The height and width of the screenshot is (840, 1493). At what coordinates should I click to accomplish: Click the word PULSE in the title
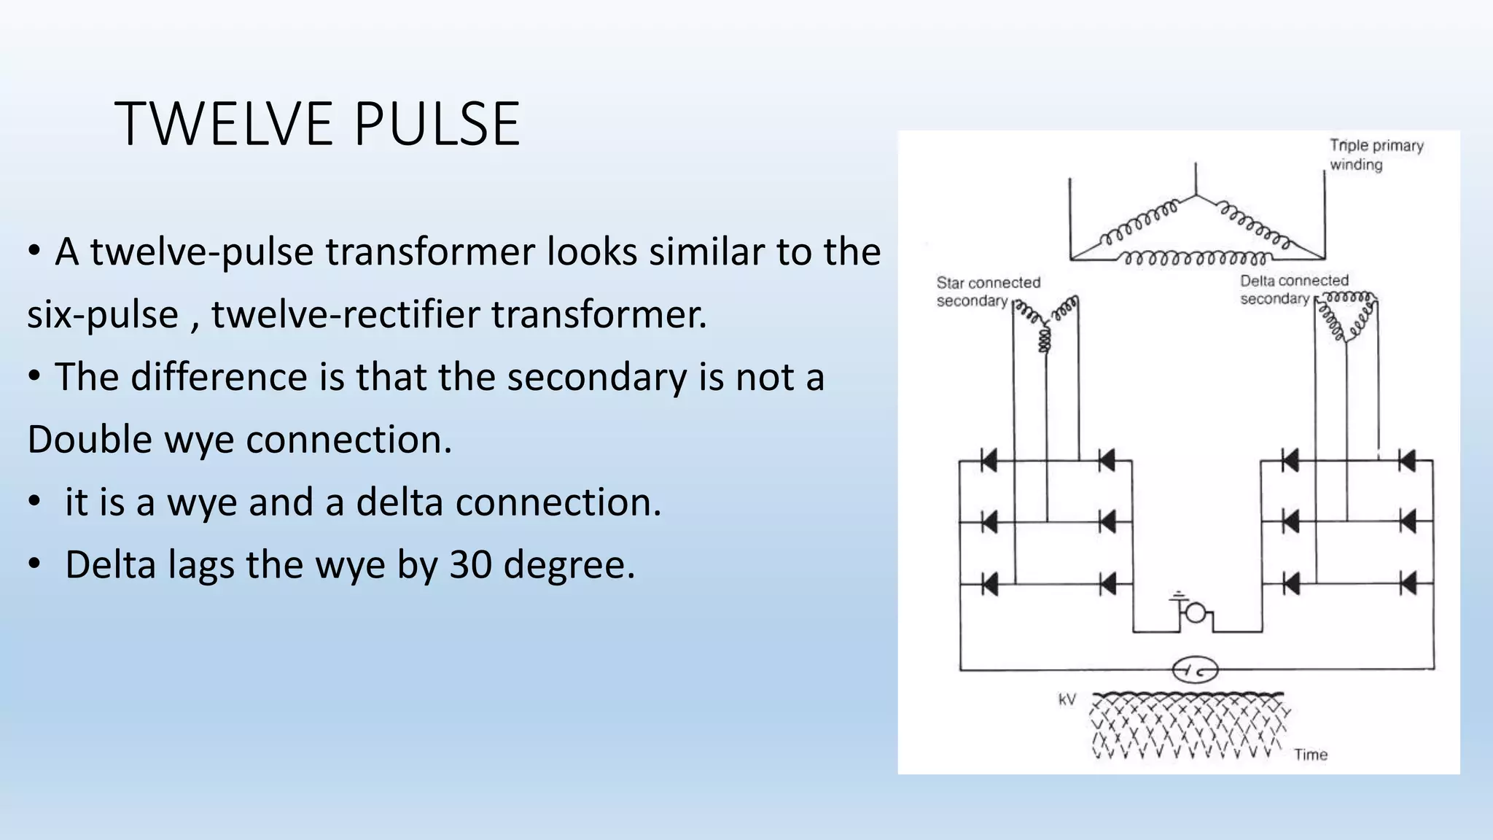tap(437, 124)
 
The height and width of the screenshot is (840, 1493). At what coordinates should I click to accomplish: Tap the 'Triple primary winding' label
tap(1376, 155)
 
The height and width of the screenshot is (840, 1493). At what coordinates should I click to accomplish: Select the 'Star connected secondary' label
tap(988, 292)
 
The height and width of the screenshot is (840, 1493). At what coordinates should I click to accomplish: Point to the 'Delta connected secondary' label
tap(1293, 289)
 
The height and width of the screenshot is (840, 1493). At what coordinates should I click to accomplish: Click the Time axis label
tap(1310, 755)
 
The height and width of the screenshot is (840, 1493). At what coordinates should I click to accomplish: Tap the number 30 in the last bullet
tap(470, 565)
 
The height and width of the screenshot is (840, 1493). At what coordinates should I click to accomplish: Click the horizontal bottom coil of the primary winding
tap(1196, 258)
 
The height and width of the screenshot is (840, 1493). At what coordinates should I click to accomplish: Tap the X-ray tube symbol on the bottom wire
tap(1195, 669)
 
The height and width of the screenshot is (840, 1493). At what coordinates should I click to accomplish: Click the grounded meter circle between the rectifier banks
tap(1196, 613)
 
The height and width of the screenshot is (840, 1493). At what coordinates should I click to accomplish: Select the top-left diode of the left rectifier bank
tap(989, 461)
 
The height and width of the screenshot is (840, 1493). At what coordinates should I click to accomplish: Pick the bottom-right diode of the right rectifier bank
tap(1407, 584)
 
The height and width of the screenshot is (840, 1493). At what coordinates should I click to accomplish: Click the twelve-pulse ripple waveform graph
tap(1187, 726)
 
